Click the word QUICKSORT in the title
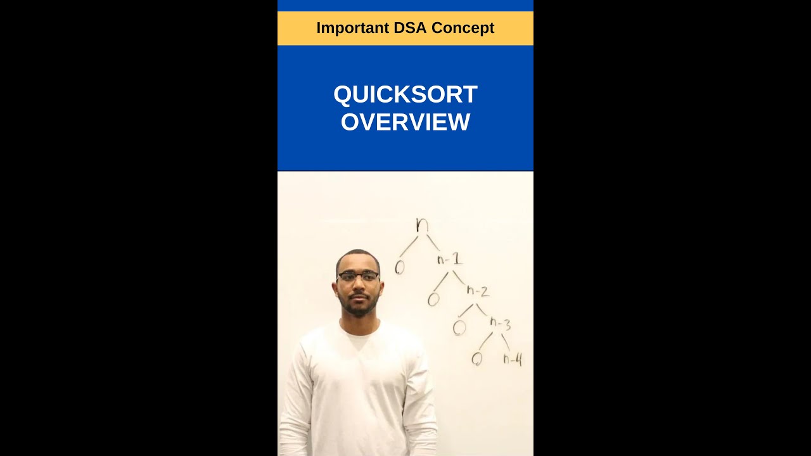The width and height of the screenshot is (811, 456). [405, 94]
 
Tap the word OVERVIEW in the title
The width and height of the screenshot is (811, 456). [405, 122]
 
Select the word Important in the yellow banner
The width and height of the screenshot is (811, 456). [353, 28]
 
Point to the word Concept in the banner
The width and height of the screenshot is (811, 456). [463, 28]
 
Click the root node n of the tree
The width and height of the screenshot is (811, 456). [422, 225]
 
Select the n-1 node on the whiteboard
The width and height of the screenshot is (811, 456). [449, 259]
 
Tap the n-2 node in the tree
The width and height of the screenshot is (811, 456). [478, 291]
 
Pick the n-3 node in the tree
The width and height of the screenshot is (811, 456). [500, 324]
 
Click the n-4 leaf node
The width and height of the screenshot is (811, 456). [513, 360]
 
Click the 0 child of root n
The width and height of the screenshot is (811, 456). [399, 268]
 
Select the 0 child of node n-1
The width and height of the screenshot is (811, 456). [433, 299]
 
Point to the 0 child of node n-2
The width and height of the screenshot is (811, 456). [459, 327]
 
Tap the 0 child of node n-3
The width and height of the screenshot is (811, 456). [477, 359]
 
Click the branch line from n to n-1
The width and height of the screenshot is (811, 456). [433, 243]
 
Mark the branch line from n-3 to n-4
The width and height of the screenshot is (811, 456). [505, 342]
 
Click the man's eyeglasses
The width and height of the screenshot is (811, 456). [358, 276]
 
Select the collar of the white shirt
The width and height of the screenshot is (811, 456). [359, 332]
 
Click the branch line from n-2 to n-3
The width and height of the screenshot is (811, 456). [482, 309]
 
